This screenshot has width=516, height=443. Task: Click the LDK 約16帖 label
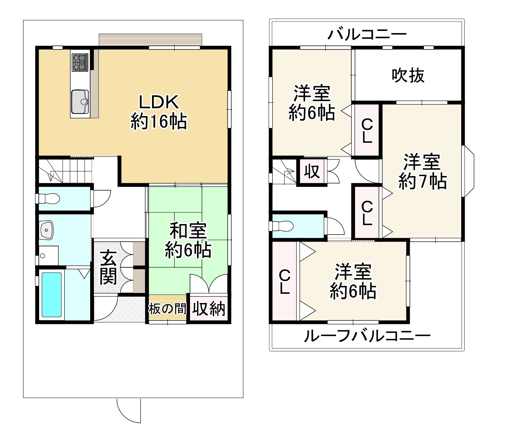(159, 111)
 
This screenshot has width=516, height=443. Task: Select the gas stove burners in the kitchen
(80, 62)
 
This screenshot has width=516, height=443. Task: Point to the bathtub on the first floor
(51, 294)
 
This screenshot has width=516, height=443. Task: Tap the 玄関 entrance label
(108, 267)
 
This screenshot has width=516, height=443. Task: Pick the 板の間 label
(167, 309)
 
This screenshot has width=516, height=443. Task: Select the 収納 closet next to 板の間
(209, 309)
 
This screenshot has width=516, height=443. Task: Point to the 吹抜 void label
(408, 76)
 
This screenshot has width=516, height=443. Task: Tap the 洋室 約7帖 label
(422, 172)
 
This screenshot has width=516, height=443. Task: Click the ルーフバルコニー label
(367, 336)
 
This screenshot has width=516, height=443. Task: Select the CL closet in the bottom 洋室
(285, 282)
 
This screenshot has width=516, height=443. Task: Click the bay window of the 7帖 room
(468, 171)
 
